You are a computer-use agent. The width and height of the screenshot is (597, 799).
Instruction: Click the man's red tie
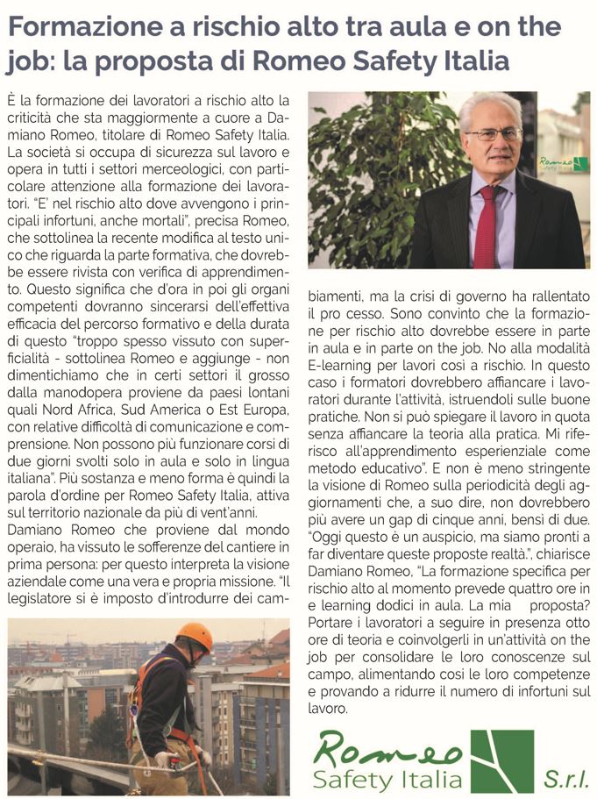point(485,227)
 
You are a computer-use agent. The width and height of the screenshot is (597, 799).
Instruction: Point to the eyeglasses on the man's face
point(493,134)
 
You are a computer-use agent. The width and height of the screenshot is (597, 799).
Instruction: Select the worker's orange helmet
point(194,635)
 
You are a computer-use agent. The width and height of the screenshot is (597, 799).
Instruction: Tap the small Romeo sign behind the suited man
point(564,163)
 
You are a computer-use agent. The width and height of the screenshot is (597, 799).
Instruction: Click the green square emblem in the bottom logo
point(501,760)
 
